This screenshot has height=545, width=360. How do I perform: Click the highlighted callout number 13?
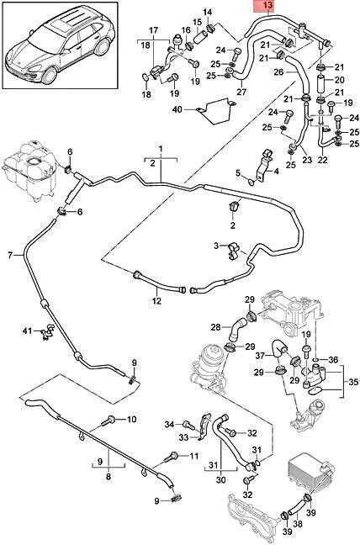[x=268, y=5]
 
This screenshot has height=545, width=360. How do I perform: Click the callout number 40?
[x=177, y=110]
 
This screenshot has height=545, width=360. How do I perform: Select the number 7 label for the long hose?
[x=10, y=256]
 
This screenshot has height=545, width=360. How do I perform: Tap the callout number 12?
[x=156, y=300]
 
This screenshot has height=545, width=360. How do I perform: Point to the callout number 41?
[x=27, y=331]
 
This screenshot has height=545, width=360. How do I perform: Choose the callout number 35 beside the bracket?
[x=353, y=382]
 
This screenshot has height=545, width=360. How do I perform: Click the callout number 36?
[x=333, y=360]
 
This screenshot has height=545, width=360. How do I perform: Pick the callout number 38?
[x=298, y=524]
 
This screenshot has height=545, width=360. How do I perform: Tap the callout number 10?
[x=131, y=420]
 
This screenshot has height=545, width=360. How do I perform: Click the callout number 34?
[x=169, y=424]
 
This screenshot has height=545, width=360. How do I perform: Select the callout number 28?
[x=216, y=327]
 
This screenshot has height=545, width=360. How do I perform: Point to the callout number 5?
[x=238, y=172]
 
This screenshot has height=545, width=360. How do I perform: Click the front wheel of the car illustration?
[x=49, y=76]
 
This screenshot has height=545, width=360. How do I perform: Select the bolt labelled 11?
[x=172, y=456]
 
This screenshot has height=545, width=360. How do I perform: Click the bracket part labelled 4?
[x=264, y=166]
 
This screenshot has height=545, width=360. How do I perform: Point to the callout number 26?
[x=279, y=72]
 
